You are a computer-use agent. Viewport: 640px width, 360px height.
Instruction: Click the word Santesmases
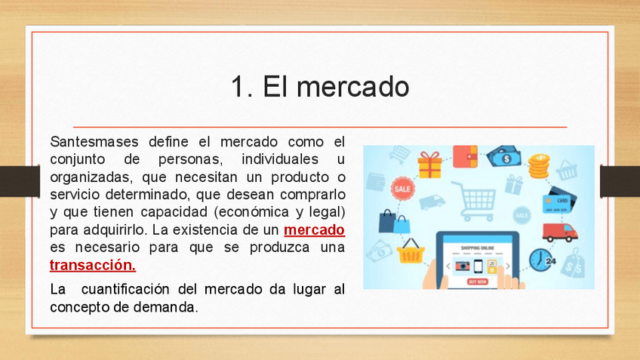point(94,142)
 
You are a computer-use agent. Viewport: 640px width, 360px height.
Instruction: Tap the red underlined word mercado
point(314,229)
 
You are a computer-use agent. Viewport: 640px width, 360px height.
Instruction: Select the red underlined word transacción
point(93,266)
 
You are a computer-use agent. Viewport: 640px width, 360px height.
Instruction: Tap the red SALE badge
point(403,189)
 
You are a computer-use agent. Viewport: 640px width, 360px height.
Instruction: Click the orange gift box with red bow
point(429,165)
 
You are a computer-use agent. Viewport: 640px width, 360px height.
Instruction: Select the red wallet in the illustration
point(466,156)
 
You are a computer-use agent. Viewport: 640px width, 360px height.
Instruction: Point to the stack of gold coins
point(539,166)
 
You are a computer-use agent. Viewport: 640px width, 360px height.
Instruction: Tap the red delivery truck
point(559,232)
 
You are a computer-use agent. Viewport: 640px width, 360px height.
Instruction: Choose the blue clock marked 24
point(541,260)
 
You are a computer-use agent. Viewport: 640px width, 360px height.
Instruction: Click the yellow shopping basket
point(411,251)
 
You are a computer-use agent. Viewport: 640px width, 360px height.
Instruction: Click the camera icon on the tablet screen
point(463,266)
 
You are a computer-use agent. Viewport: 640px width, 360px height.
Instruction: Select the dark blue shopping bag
point(387,221)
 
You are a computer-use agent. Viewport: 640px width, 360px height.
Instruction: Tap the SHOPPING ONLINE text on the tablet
point(478,248)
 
